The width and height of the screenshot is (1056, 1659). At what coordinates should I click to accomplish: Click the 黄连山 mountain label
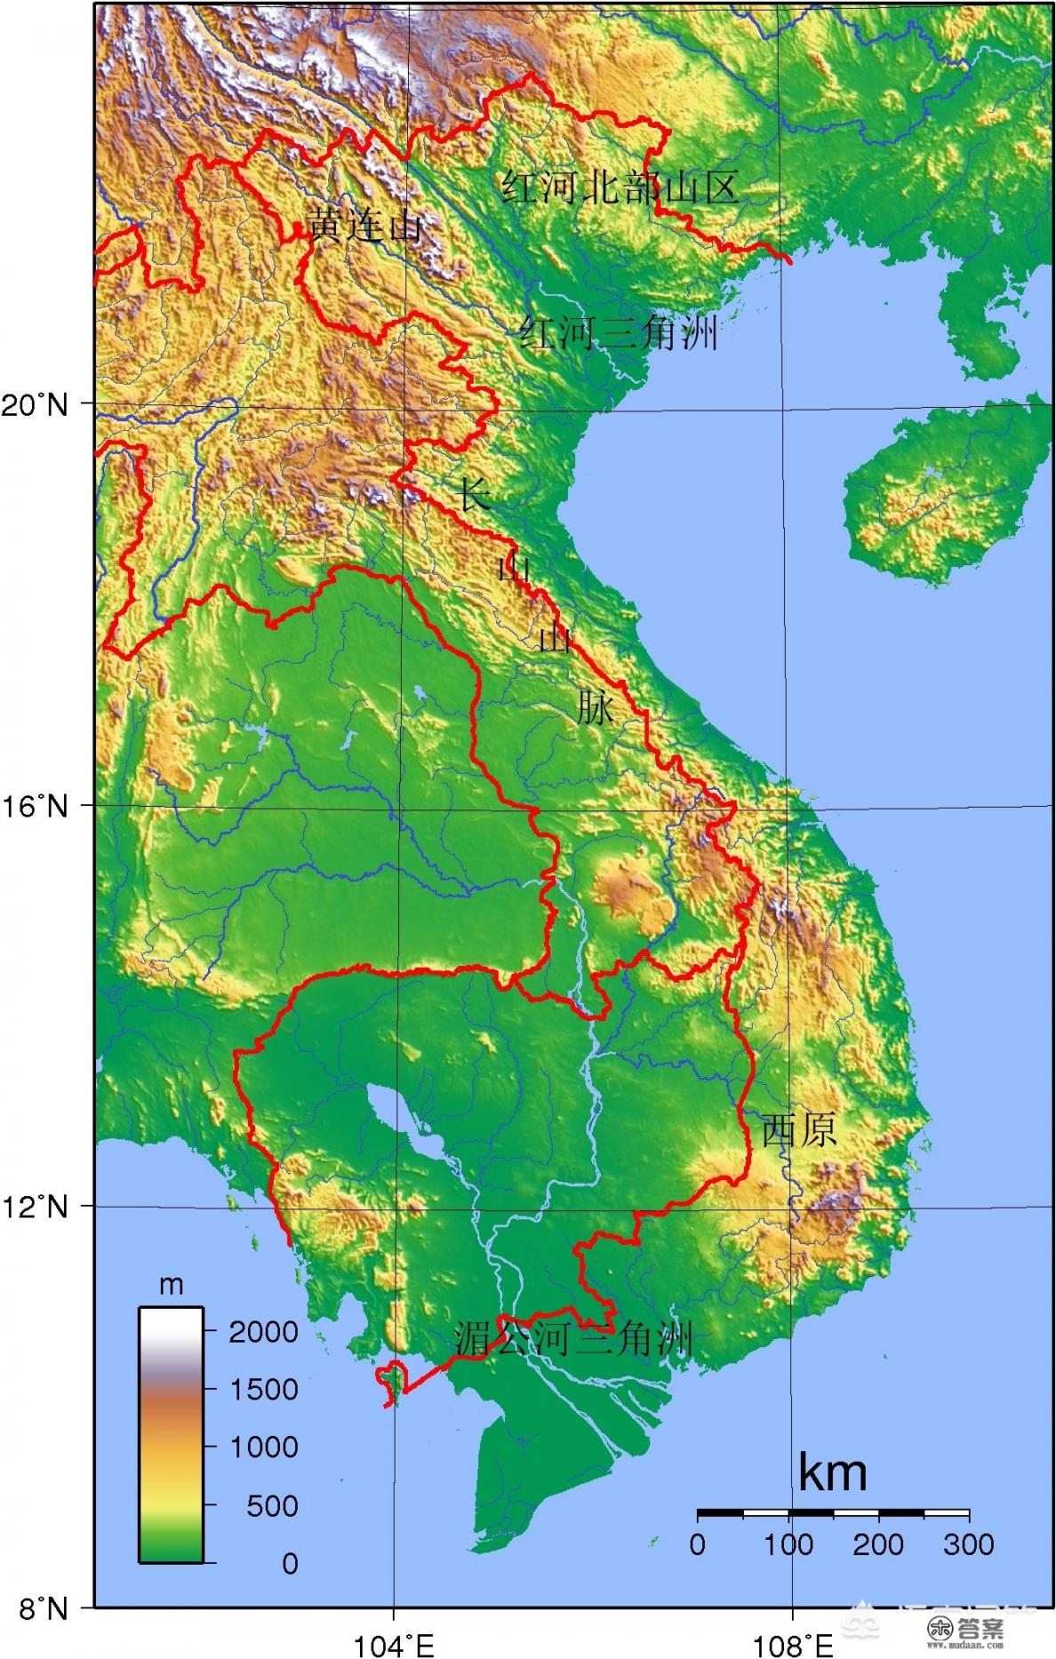point(364,225)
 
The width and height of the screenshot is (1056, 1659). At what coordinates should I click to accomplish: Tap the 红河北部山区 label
point(620,187)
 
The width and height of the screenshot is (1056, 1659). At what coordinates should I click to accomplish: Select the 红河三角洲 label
point(619,333)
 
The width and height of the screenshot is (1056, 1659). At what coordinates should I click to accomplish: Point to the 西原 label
point(798,1129)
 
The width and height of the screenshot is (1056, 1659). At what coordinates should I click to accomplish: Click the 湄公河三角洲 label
point(573,1339)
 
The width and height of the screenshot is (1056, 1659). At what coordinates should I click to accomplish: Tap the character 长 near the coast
point(473,494)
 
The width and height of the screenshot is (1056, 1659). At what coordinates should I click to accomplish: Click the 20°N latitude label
point(36,405)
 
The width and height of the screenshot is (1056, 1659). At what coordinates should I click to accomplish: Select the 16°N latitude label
point(36,807)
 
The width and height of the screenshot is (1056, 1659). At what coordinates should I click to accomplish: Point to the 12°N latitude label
point(36,1208)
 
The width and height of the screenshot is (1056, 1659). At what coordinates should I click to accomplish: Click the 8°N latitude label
point(36,1607)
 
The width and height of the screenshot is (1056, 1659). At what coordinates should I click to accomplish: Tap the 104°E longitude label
point(394,1639)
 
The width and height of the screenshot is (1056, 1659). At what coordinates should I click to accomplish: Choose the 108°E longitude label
point(793,1639)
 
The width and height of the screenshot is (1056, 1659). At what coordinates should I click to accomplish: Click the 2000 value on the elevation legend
point(263,1331)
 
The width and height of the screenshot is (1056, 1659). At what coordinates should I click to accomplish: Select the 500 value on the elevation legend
point(272,1505)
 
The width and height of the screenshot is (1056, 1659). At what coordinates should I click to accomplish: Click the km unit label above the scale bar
point(832,1472)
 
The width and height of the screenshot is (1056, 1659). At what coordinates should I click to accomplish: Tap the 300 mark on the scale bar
point(969,1544)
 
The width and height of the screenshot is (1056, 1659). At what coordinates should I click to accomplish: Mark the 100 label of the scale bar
point(788,1544)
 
